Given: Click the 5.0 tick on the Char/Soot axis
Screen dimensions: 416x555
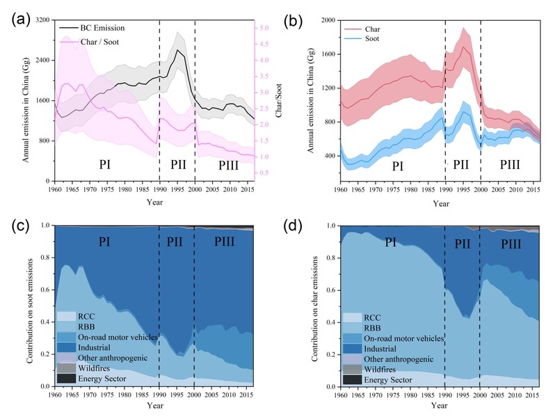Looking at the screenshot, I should (x=265, y=28).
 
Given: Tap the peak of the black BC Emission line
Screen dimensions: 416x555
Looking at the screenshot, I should (x=178, y=50).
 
